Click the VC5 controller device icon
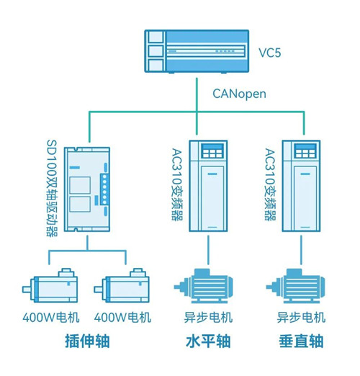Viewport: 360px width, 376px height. point(197,51)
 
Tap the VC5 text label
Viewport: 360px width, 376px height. point(269,53)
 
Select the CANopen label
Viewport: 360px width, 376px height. point(239,94)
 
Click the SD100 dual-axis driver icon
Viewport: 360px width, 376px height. point(87,189)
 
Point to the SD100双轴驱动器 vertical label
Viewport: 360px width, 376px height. point(52,188)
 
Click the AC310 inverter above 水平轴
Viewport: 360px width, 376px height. point(208,186)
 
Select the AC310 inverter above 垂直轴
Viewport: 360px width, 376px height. point(301,186)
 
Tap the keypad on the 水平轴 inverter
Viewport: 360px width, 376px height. point(212,151)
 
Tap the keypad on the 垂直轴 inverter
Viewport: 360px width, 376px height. point(305,151)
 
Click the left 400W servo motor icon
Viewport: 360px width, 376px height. point(50,285)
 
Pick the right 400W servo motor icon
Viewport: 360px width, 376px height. point(122,285)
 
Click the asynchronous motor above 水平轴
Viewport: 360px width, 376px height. point(204,286)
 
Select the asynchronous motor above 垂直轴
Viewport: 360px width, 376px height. point(296,286)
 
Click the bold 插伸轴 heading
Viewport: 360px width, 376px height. point(87,341)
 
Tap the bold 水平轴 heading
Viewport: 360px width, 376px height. point(208,341)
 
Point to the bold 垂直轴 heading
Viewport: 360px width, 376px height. point(301,341)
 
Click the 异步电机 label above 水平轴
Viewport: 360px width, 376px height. point(208,317)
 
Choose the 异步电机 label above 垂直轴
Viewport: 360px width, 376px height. point(301,317)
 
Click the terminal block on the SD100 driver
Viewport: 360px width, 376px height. point(104,189)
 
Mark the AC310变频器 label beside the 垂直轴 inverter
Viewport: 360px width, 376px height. point(270,184)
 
